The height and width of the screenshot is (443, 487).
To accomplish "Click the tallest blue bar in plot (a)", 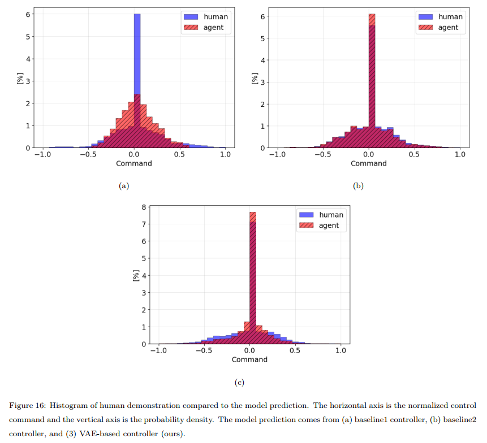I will (137, 57).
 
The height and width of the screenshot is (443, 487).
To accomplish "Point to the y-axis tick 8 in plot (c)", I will (144, 207).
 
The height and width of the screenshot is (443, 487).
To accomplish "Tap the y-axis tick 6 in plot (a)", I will (27, 14).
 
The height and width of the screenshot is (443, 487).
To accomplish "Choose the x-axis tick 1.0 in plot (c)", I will (341, 351).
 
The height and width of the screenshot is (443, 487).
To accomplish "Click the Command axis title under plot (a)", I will (134, 163).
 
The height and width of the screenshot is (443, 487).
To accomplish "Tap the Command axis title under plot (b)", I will (369, 163).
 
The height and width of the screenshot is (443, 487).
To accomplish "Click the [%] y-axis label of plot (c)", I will (135, 275).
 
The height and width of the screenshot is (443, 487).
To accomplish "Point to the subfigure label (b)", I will (358, 186).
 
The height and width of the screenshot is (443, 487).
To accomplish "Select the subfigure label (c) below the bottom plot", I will (239, 383).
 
